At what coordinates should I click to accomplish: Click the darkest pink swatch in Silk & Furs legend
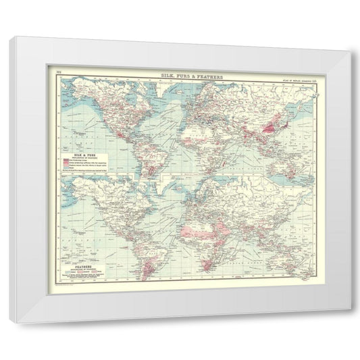(67, 159)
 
